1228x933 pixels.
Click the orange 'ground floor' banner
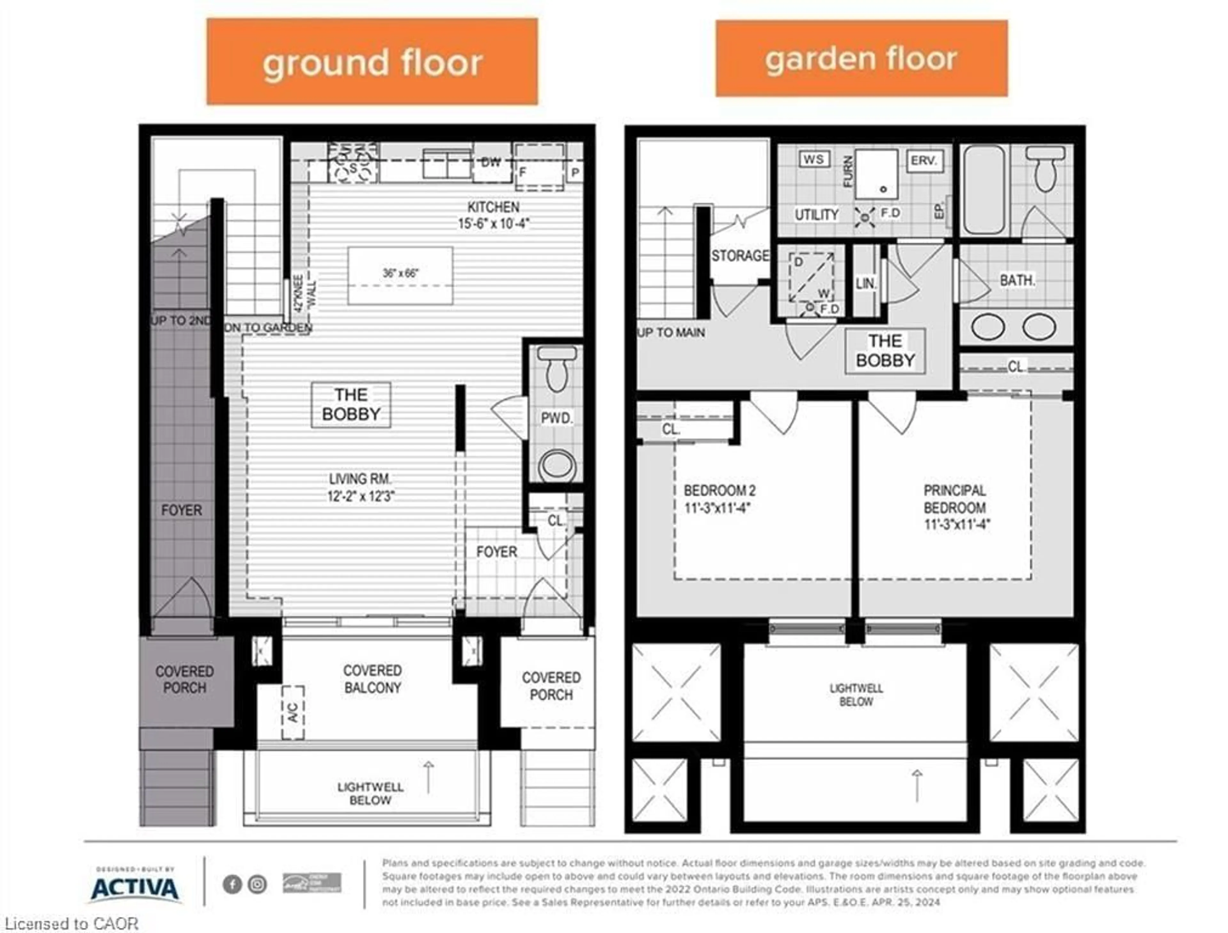point(372,62)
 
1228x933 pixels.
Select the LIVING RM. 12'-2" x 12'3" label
point(361,487)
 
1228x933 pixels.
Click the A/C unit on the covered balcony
point(293,713)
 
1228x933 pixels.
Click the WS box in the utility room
point(814,159)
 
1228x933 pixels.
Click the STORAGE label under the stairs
point(740,256)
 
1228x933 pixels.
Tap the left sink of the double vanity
point(988,327)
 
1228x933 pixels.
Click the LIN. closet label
point(865,284)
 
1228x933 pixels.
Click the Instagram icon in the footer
point(257,884)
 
